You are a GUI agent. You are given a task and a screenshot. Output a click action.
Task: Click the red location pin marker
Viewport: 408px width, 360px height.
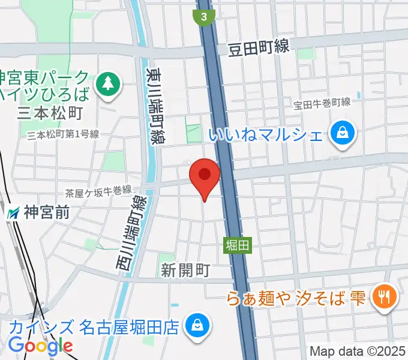(x=205, y=176)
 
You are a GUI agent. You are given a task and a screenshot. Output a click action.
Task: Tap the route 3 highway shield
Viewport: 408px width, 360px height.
(x=205, y=17)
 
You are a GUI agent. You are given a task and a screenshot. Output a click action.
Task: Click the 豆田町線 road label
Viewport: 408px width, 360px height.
(x=258, y=49)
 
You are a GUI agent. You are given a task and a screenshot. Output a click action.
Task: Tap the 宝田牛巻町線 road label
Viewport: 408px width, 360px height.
(x=322, y=103)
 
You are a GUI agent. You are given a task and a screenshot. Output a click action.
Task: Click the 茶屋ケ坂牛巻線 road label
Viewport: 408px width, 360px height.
(x=98, y=191)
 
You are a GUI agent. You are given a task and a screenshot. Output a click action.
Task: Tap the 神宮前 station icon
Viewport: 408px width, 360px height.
(x=13, y=212)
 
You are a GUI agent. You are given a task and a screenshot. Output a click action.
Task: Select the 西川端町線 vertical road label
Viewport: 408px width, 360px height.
(x=137, y=237)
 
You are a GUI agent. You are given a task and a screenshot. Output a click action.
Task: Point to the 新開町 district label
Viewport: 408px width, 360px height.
(x=185, y=271)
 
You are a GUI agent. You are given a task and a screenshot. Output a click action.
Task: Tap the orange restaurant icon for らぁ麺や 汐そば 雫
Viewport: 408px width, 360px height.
(x=382, y=296)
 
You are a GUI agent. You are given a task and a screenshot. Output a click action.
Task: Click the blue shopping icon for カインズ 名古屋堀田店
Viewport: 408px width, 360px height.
(x=196, y=327)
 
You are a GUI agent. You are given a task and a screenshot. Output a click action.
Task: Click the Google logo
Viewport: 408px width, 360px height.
(x=40, y=346)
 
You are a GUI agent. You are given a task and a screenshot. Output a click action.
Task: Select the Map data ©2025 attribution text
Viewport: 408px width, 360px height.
(x=358, y=351)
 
